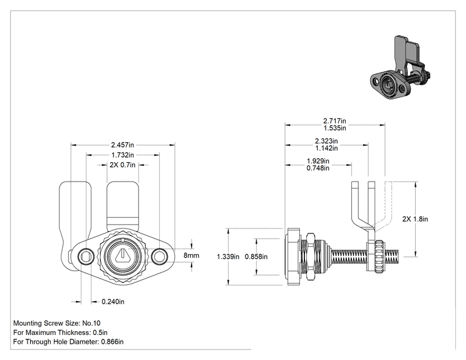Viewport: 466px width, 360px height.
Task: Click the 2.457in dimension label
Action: point(122,145)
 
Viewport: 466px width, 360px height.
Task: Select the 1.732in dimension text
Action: point(122,155)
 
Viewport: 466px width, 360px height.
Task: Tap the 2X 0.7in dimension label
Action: point(122,165)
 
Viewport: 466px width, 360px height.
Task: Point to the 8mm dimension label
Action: point(191,255)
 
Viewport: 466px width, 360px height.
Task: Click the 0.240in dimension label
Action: point(113,302)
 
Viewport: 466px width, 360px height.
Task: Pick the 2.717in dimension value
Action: point(334,121)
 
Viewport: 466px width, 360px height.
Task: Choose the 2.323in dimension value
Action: point(326,141)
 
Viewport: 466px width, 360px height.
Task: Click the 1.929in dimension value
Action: point(318,161)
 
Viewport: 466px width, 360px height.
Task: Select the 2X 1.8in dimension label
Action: point(415,219)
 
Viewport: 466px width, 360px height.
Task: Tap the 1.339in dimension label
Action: point(228,257)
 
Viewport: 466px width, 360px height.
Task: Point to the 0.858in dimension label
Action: point(256,257)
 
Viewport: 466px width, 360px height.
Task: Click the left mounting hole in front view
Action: point(86,255)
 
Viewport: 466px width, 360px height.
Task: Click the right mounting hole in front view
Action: point(159,255)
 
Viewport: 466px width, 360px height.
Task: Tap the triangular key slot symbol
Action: point(122,255)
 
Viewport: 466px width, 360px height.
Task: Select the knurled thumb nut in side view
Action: point(379,256)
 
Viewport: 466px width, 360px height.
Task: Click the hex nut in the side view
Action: point(310,256)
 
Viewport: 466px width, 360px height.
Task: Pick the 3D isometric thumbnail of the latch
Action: point(401,68)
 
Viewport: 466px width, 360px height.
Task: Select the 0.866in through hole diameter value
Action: point(112,342)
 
